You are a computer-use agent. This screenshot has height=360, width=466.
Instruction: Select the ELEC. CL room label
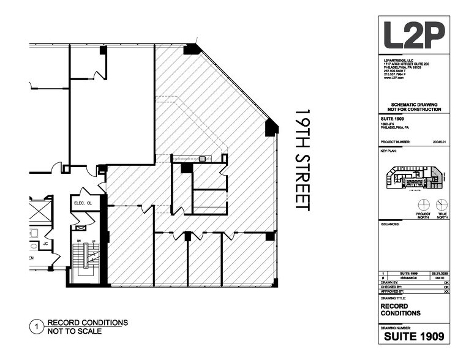(83, 203)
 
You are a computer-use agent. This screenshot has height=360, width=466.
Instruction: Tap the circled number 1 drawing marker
(37, 328)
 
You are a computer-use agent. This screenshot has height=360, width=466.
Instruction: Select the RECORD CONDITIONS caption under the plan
(88, 323)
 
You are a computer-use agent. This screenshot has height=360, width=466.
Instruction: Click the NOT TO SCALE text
(75, 332)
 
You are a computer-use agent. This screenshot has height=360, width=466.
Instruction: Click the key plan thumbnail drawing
(414, 178)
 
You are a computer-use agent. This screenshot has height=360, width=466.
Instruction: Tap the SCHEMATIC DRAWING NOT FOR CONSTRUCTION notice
(412, 107)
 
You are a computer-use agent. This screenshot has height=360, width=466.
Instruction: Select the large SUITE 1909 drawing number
(413, 337)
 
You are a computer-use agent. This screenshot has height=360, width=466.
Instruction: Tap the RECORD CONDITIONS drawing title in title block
(401, 309)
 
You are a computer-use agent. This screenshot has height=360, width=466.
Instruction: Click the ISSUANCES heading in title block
(390, 224)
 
